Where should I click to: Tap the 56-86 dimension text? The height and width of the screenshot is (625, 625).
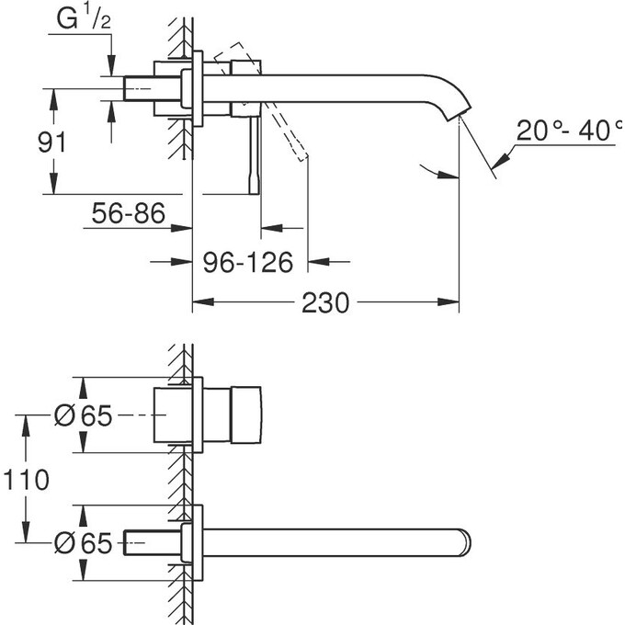point(129,215)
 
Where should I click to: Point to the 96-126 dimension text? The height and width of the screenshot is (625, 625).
point(247,263)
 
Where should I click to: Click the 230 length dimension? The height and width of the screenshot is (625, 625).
point(326,301)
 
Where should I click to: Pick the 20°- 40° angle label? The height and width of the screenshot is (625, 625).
point(563,131)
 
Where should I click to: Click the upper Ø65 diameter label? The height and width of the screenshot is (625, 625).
point(83,416)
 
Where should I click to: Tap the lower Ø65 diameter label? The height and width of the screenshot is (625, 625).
point(83,544)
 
